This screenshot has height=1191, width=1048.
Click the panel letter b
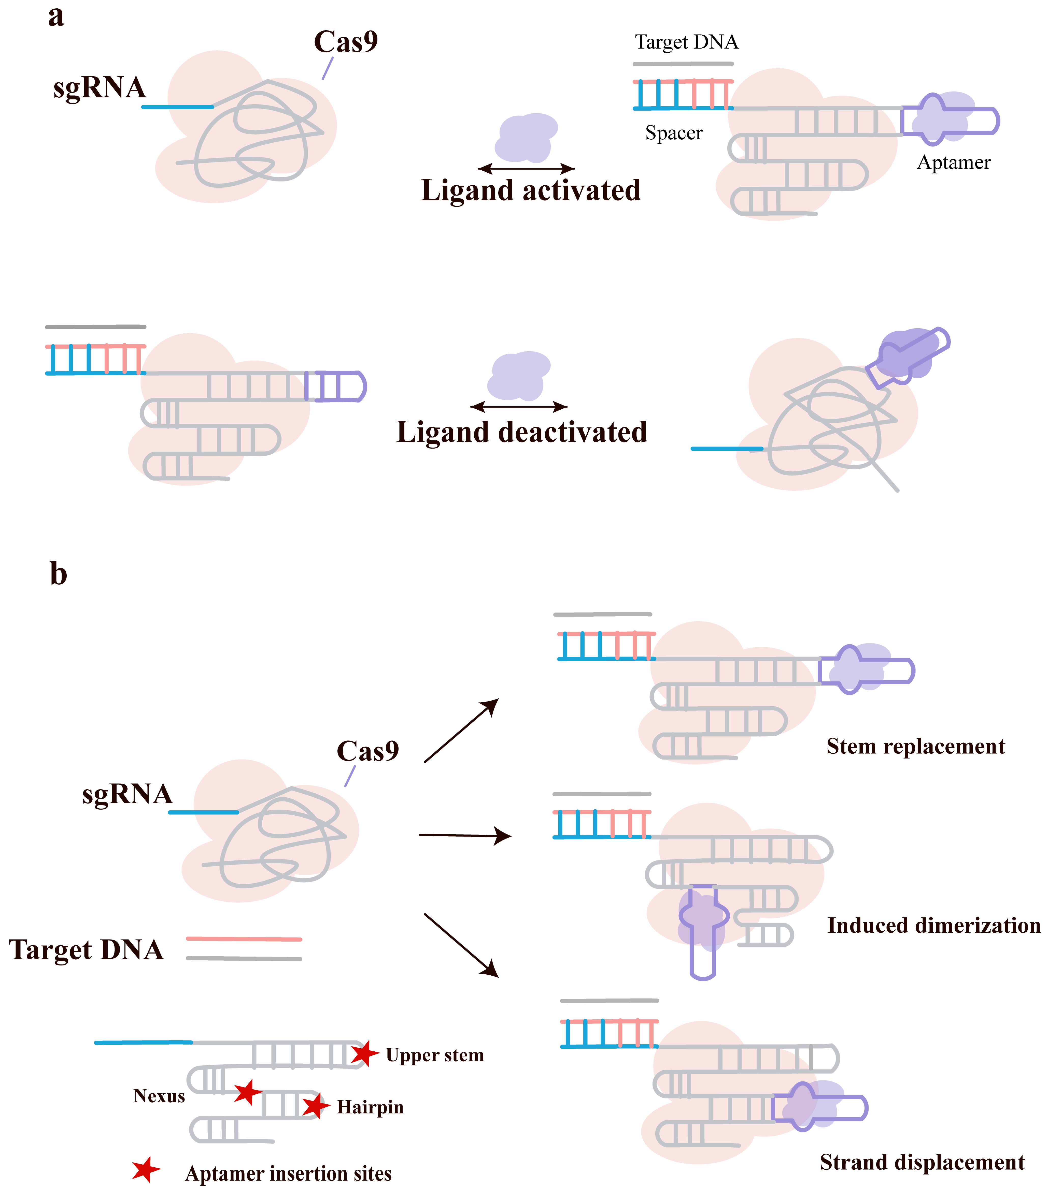pyautogui.click(x=58, y=574)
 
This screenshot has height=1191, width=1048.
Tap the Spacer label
pyautogui.click(x=674, y=133)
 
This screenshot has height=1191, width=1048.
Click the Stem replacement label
pyautogui.click(x=916, y=747)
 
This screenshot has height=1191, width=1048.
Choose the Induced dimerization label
pyautogui.click(x=934, y=925)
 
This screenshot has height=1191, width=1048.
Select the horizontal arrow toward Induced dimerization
pyautogui.click(x=465, y=836)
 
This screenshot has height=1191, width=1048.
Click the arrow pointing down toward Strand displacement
pyautogui.click(x=461, y=945)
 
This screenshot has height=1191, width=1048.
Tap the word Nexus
pyautogui.click(x=159, y=1096)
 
